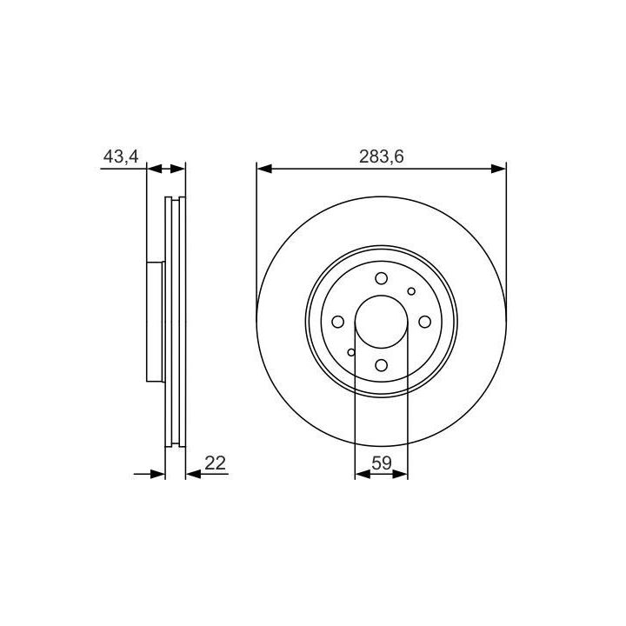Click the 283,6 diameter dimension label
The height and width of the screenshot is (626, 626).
pyautogui.click(x=382, y=156)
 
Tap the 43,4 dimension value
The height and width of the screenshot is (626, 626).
pyautogui.click(x=121, y=156)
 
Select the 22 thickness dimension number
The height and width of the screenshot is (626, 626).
pyautogui.click(x=216, y=463)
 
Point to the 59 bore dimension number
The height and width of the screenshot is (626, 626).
pyautogui.click(x=382, y=463)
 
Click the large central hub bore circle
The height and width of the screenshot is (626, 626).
pyautogui.click(x=382, y=296)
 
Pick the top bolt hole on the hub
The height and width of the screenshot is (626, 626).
pyautogui.click(x=382, y=278)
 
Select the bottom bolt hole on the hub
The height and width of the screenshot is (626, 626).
pyautogui.click(x=382, y=365)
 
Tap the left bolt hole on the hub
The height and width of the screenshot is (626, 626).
pyautogui.click(x=337, y=322)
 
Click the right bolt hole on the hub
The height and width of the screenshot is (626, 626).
pyautogui.click(x=425, y=322)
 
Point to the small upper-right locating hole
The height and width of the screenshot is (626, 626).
pyautogui.click(x=411, y=291)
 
